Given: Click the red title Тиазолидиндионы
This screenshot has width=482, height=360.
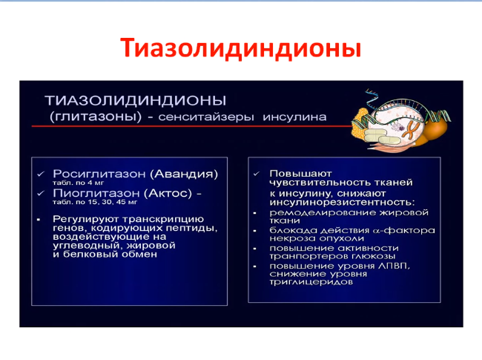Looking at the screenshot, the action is [x=240, y=48].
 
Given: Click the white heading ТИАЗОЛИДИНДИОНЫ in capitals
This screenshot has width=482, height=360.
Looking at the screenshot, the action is [x=136, y=101].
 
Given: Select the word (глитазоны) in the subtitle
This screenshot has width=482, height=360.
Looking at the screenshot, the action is [x=96, y=117].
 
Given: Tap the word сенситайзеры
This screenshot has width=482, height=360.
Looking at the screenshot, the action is [x=206, y=117].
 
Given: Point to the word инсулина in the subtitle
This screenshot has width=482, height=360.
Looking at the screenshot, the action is [x=294, y=117].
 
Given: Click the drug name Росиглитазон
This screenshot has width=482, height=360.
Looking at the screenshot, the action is [x=99, y=174].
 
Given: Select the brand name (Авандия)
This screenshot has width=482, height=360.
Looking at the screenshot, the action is [x=184, y=174].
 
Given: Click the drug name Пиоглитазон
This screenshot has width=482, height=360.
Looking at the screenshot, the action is [x=96, y=193].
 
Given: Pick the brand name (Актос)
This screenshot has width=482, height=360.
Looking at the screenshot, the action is [x=170, y=193].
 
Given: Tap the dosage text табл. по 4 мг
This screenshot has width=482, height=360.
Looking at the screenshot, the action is [x=79, y=183].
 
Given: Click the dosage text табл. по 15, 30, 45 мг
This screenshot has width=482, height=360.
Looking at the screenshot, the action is [x=95, y=202].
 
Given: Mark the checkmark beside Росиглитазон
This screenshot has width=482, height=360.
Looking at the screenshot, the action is [x=41, y=174].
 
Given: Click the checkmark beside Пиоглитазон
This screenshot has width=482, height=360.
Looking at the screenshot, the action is [x=41, y=194].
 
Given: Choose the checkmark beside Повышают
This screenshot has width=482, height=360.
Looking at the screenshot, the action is [x=257, y=174].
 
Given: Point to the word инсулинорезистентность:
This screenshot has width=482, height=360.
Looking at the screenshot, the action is [x=342, y=202].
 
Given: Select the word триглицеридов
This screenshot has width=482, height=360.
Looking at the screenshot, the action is [x=311, y=282].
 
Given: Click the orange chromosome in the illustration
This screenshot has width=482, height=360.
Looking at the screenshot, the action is [x=410, y=130].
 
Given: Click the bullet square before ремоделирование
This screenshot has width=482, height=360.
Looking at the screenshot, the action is [x=255, y=213].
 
